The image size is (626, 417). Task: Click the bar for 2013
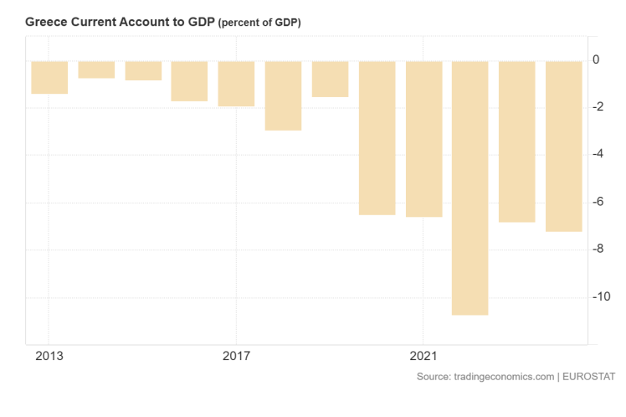49,77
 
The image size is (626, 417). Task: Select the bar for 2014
96,69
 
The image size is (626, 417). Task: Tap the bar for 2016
189,81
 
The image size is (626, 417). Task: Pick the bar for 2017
236,84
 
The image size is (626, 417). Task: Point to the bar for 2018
283,95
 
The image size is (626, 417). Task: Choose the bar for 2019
330,79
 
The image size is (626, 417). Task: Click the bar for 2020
377,138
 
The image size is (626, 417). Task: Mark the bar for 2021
423,139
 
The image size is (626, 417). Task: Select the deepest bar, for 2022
469,188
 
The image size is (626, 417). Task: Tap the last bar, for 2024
563,146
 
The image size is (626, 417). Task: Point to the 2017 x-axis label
236,355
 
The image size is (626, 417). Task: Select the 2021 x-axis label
423,355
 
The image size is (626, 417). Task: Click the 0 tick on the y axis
596,59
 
